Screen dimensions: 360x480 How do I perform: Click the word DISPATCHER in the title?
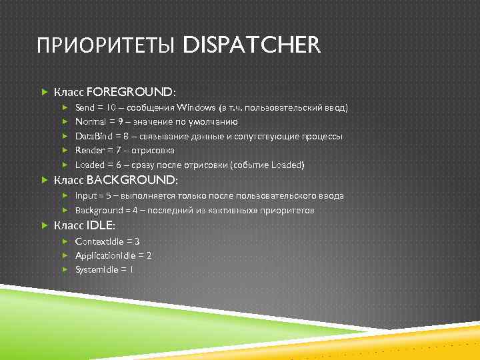[251, 46]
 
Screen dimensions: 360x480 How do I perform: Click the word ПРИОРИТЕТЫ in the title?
[107, 46]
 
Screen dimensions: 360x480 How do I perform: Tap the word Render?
[89, 151]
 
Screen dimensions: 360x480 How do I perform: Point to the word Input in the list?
[86, 196]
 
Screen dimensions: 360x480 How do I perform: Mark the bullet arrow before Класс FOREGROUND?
[43, 91]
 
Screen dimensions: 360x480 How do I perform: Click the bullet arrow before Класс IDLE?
[43, 225]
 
